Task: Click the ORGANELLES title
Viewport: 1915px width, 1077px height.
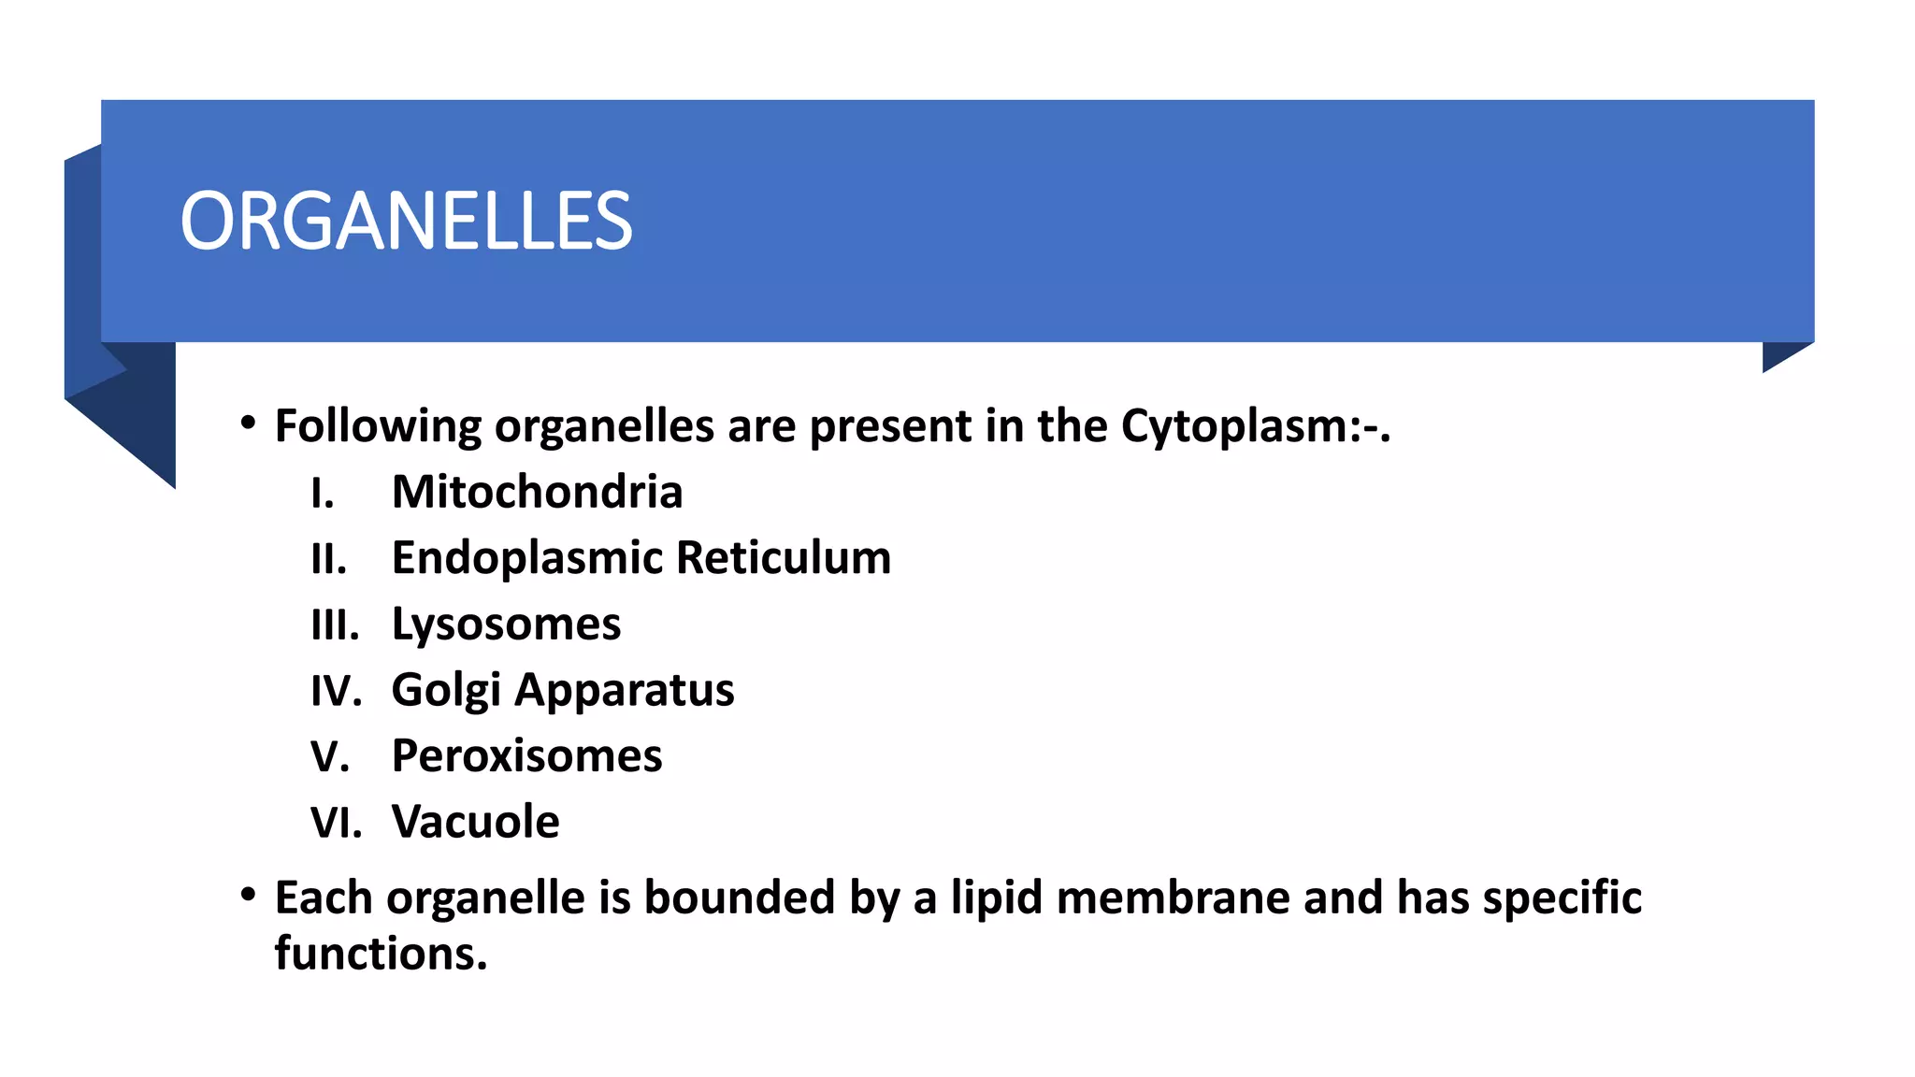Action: click(406, 222)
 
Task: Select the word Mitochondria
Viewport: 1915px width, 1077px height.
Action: click(537, 492)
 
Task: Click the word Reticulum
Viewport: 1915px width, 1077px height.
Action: click(784, 558)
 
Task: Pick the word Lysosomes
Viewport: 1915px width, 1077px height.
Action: click(506, 625)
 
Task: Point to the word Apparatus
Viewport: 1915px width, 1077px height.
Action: click(625, 691)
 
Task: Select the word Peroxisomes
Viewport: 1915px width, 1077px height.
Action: click(526, 756)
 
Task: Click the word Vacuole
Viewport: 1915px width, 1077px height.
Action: click(475, 823)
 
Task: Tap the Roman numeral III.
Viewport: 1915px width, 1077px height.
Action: click(334, 625)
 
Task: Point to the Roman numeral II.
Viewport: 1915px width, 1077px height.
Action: click(327, 559)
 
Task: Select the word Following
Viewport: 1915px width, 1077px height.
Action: click(378, 426)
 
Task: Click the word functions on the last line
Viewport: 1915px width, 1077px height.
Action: click(381, 954)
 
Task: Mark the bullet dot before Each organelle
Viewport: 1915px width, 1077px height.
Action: click(248, 895)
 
